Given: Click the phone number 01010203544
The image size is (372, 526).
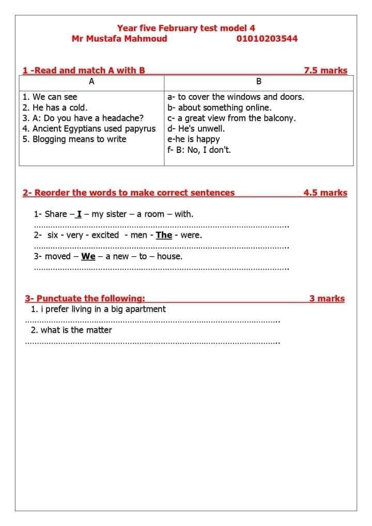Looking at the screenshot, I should (267, 38).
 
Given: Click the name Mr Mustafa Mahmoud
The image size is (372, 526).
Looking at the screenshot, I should (119, 38).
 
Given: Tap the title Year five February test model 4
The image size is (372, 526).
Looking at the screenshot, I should (186, 28).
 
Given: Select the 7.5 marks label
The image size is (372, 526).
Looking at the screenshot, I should (326, 71).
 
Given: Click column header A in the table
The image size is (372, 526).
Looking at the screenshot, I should (91, 82).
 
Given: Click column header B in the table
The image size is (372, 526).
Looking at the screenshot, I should (259, 82).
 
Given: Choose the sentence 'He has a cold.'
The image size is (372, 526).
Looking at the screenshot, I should (55, 107).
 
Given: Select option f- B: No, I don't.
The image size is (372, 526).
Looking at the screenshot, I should (199, 150).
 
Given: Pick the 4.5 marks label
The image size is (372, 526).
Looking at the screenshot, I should (326, 193).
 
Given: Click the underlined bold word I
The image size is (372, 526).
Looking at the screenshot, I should (79, 214).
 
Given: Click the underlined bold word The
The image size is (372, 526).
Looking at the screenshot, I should (164, 235).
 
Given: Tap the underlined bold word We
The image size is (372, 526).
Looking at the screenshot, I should (88, 256).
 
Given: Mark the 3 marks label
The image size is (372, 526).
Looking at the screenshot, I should (327, 298).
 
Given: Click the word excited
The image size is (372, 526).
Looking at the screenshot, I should (105, 235).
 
